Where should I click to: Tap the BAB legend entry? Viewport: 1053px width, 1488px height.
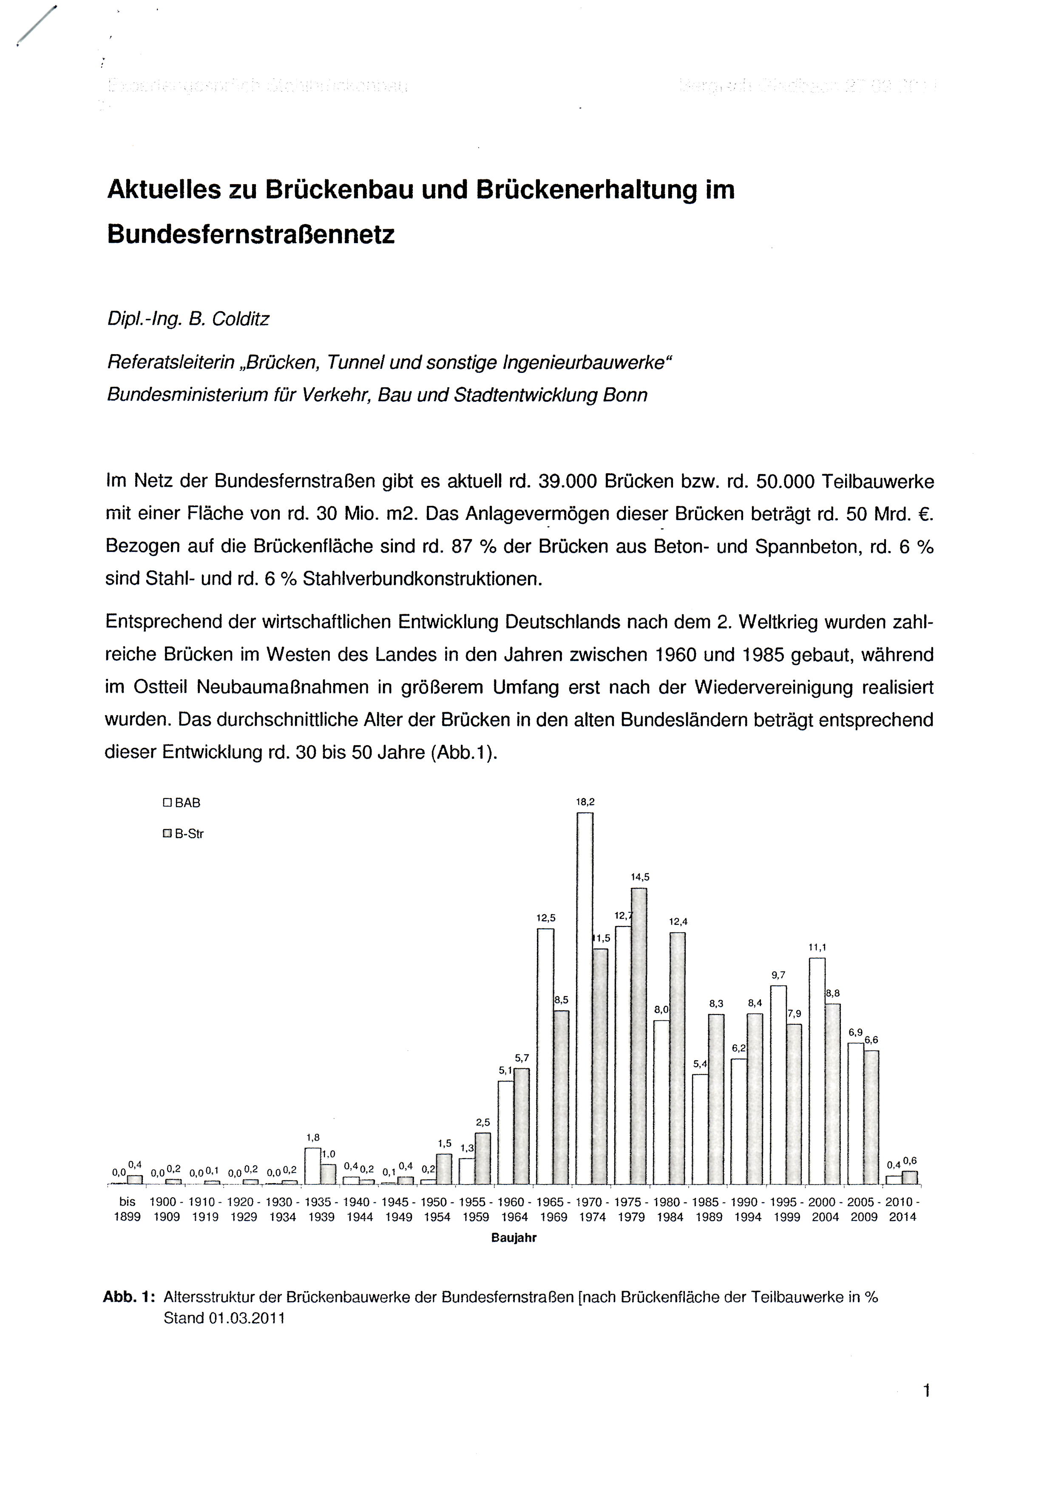182,803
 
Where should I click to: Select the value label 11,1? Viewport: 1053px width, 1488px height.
817,947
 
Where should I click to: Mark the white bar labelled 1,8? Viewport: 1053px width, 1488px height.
312,1167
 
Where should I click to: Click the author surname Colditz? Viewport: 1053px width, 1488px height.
237,319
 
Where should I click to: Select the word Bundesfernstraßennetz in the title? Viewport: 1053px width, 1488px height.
251,234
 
